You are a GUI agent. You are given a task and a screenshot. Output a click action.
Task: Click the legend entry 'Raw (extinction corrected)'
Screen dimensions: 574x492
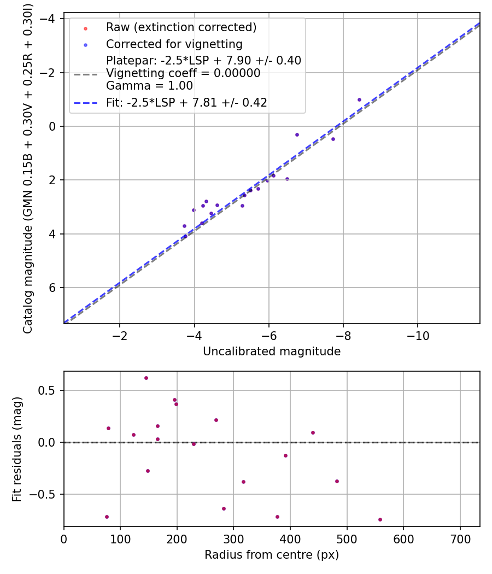[x=181, y=27]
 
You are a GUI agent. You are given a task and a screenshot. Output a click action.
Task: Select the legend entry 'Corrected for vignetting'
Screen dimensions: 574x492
[x=174, y=44]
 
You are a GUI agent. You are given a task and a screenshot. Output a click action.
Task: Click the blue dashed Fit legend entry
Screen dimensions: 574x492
[x=186, y=103]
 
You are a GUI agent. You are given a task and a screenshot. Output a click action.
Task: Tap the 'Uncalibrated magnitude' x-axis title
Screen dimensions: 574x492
[x=272, y=352]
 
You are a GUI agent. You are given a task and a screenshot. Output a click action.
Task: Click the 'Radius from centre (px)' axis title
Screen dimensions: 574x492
[x=272, y=555]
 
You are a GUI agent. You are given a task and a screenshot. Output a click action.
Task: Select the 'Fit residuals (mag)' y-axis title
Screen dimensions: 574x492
[x=17, y=449]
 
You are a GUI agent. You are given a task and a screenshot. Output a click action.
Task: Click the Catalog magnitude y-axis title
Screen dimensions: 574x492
[x=28, y=168]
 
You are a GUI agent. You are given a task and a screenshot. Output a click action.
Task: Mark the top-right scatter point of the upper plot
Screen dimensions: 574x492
[x=359, y=99]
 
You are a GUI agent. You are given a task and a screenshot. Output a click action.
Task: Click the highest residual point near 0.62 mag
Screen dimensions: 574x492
[x=146, y=378]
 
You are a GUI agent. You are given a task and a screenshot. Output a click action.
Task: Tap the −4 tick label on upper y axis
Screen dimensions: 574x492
[x=51, y=19]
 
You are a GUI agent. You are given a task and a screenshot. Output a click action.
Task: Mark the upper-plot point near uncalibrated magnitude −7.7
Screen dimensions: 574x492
[x=333, y=139]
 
